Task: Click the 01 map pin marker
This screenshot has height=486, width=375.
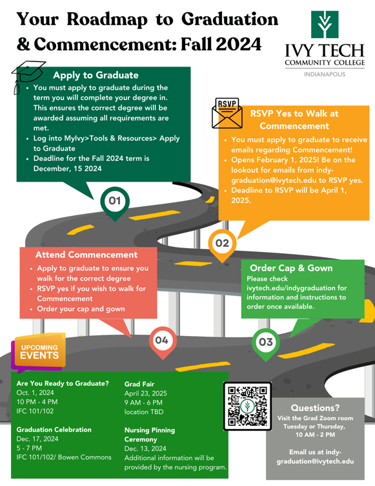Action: (x=115, y=201)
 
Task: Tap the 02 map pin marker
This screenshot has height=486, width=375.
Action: (x=222, y=244)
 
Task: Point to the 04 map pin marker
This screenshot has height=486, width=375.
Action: (x=162, y=339)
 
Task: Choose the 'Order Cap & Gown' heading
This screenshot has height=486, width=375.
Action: (x=291, y=268)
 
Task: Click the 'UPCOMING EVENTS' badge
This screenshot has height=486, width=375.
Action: (x=40, y=351)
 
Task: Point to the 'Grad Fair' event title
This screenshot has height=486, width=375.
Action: (x=139, y=384)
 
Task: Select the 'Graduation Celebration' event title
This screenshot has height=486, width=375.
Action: (x=54, y=429)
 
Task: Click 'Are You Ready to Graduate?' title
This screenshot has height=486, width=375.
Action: (x=63, y=383)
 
